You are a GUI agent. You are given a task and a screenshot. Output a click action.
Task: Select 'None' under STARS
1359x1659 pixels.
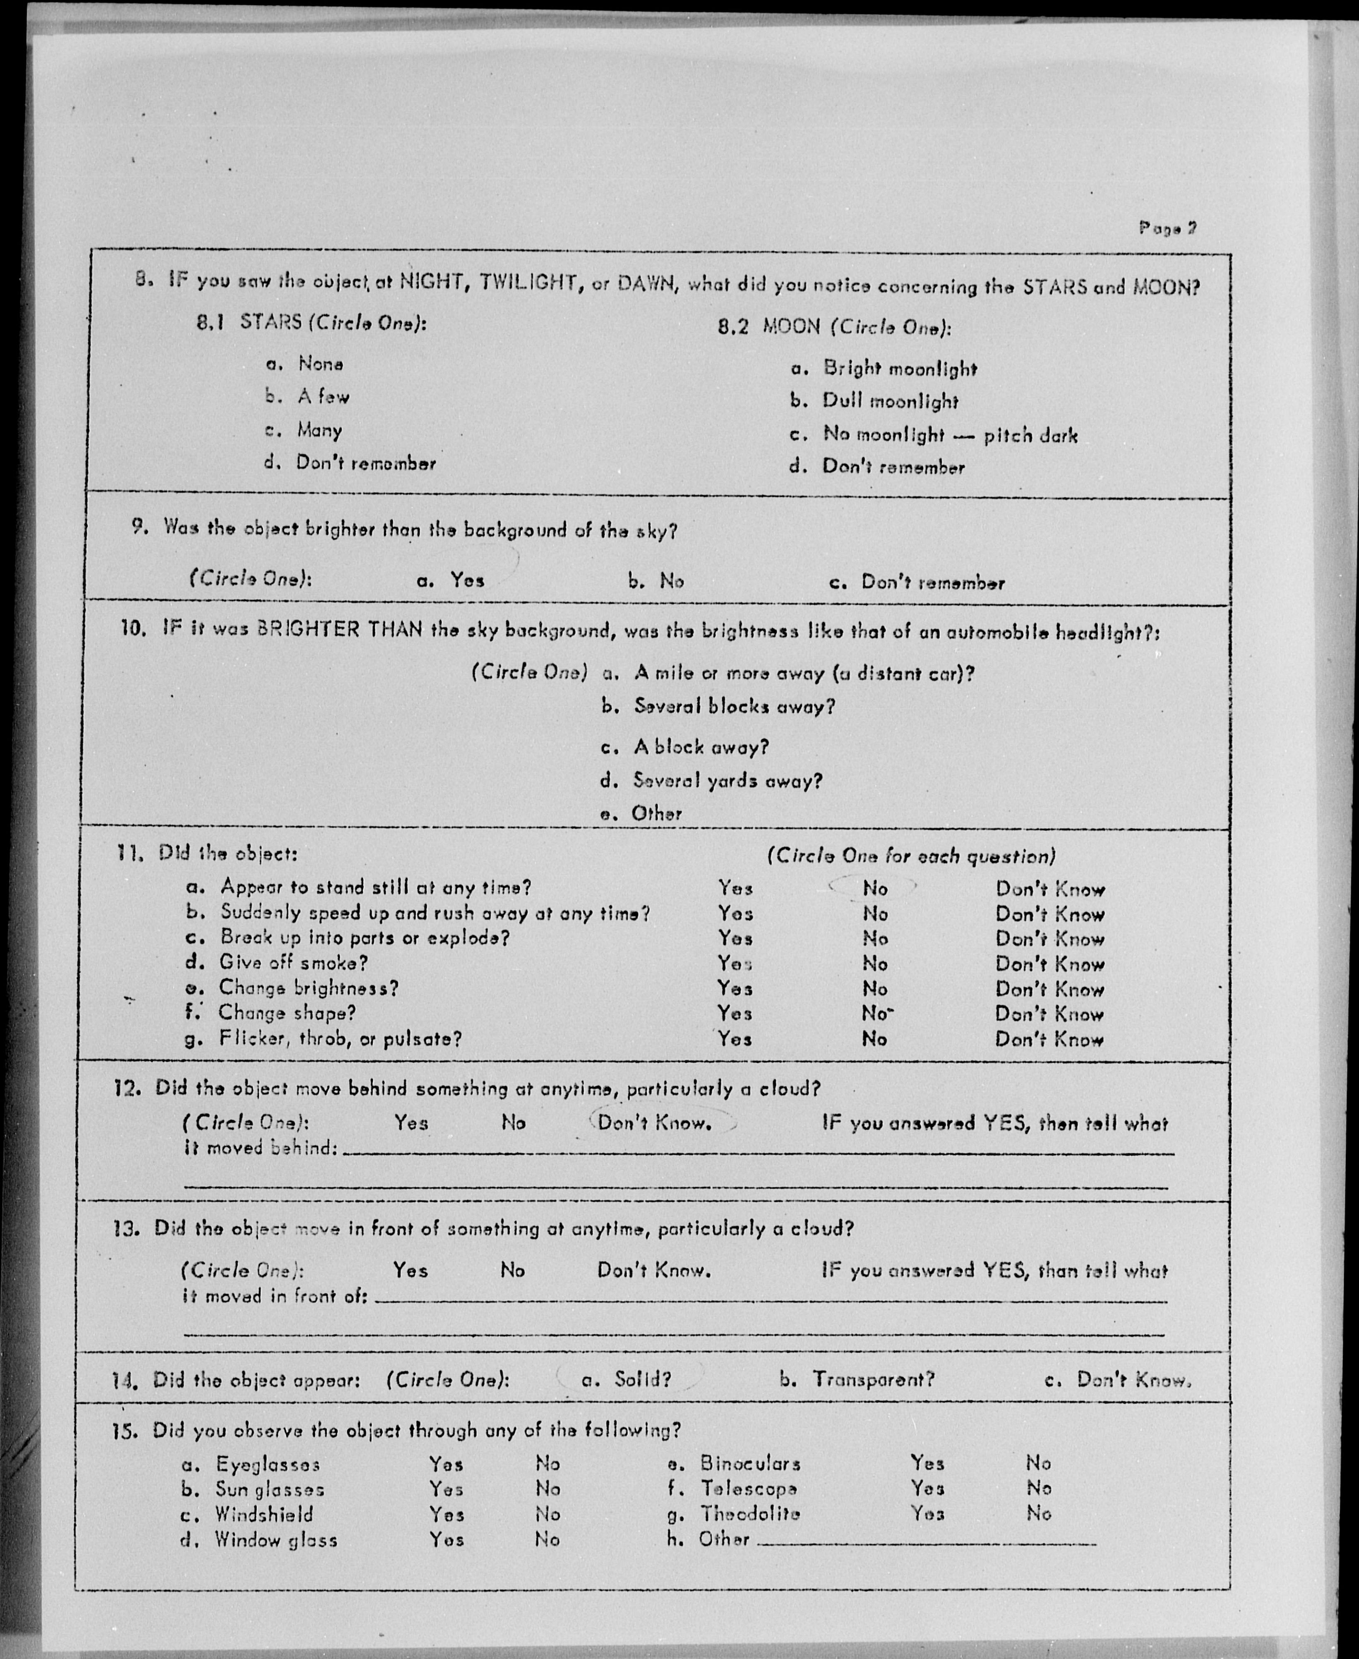(x=320, y=364)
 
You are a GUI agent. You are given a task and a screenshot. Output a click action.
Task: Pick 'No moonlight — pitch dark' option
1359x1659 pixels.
(x=950, y=435)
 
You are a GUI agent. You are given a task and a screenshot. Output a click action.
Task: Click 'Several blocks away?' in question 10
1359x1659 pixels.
(x=734, y=707)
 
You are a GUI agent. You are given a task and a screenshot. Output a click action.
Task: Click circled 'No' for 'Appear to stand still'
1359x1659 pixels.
(x=874, y=888)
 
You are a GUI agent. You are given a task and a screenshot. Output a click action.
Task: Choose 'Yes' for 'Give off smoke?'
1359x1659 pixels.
(x=735, y=963)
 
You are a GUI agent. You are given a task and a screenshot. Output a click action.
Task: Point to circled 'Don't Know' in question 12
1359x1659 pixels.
(x=654, y=1123)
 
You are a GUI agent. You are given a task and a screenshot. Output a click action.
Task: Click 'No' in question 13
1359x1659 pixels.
(x=513, y=1269)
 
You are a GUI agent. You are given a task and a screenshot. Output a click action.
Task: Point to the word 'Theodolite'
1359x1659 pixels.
(x=750, y=1513)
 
